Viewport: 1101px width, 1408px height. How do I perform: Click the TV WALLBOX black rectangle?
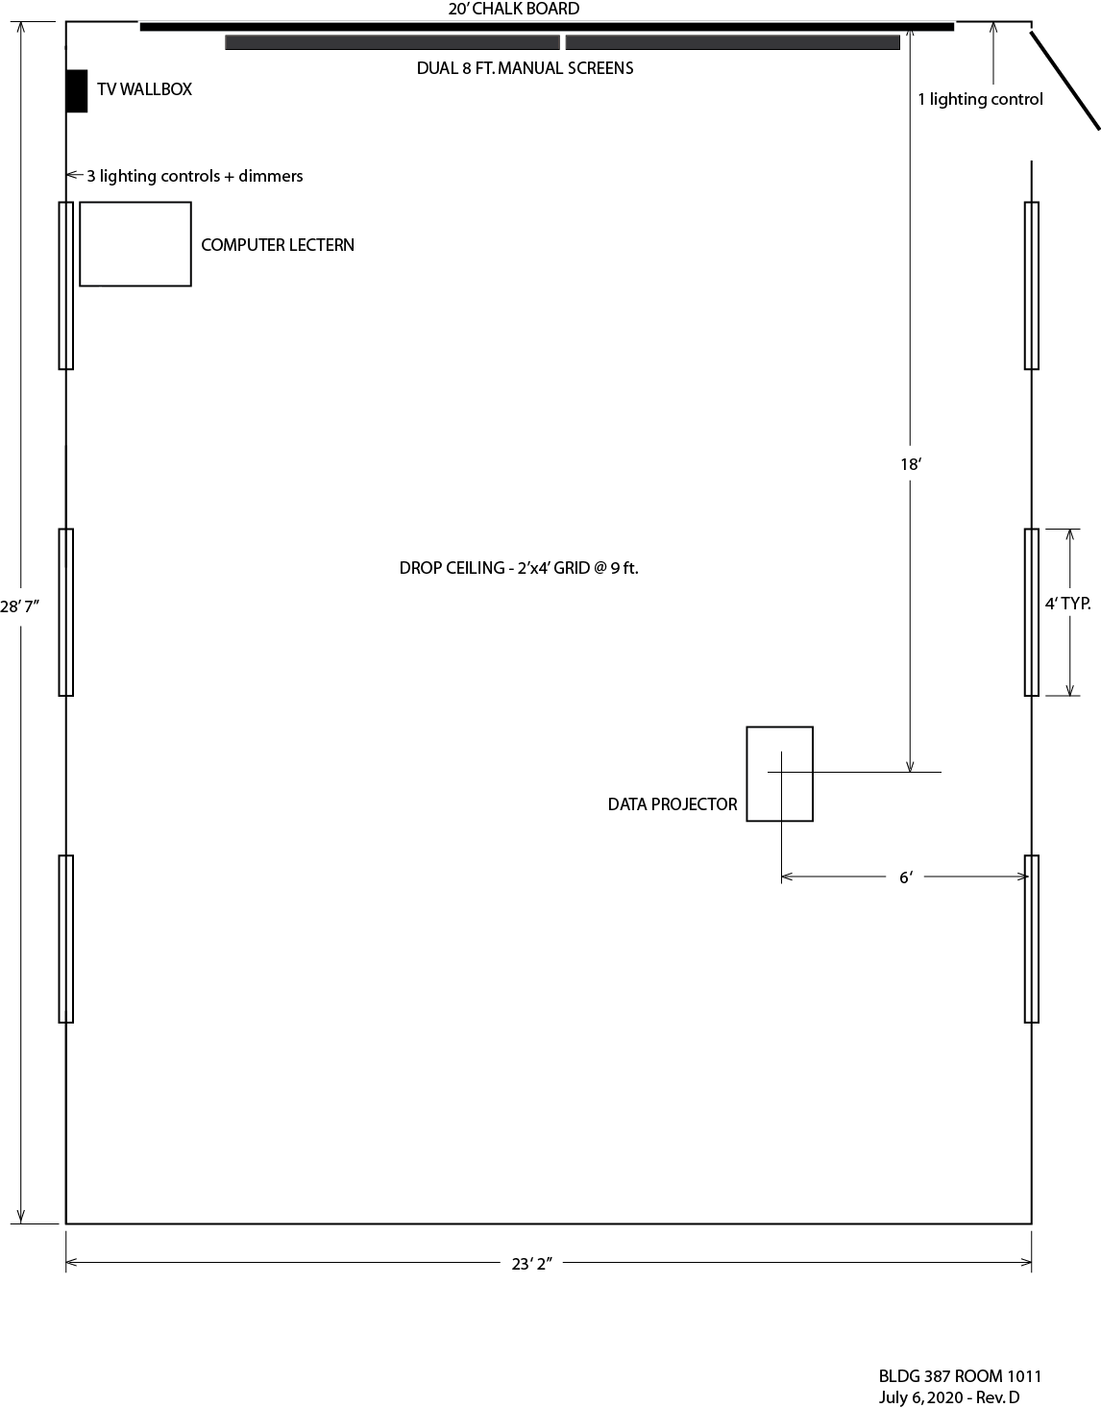pos(77,90)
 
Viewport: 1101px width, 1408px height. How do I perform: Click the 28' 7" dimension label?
pos(19,606)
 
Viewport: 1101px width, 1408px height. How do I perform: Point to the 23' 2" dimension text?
pos(531,1264)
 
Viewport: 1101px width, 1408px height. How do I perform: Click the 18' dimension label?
pos(911,464)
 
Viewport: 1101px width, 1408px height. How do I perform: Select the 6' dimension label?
pos(906,877)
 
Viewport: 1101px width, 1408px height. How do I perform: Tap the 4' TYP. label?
pos(1068,604)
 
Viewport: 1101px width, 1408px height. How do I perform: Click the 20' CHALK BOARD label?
pos(514,9)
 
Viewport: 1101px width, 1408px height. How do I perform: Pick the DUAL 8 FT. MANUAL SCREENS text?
pos(526,68)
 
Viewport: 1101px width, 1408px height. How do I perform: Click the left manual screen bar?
pos(393,42)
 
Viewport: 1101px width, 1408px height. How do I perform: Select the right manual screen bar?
pos(732,42)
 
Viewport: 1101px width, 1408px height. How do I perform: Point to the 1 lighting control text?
pos(981,99)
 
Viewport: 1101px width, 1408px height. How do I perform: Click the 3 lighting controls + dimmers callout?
pos(195,176)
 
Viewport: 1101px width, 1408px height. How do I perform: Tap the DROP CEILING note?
pos(519,568)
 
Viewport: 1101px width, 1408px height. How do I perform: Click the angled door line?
pos(1065,80)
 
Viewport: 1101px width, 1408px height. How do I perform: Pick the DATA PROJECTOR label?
pos(673,804)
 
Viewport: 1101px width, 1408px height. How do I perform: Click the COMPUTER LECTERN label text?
pos(278,245)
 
